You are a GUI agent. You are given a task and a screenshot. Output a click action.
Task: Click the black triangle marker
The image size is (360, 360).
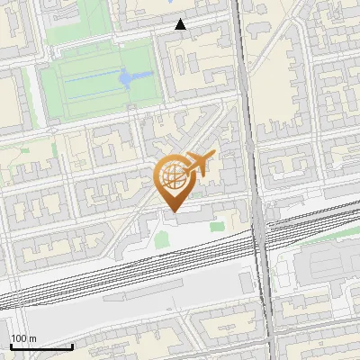181,24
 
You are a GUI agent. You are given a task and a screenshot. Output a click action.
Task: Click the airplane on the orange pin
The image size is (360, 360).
199,164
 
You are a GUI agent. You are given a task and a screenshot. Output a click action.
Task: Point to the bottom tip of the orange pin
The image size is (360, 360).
173,212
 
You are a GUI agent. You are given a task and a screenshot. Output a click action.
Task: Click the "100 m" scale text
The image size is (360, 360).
23,337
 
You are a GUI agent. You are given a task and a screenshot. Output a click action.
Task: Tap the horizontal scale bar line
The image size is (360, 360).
41,346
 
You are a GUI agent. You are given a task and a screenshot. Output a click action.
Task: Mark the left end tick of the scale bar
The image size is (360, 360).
11,344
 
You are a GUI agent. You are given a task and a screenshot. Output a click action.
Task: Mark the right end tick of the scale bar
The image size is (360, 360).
72,344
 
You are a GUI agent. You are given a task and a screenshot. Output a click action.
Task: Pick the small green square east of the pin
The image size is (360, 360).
216,227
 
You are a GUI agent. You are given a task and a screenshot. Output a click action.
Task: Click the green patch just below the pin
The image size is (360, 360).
161,240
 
